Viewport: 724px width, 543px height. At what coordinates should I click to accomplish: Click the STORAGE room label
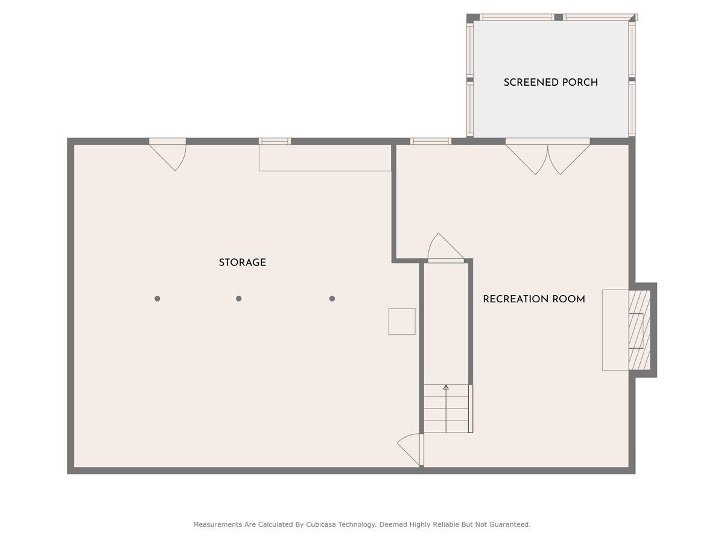pos(242,263)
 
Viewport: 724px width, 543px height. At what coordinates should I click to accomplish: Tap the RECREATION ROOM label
pos(533,299)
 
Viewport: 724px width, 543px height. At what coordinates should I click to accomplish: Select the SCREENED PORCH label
pos(550,83)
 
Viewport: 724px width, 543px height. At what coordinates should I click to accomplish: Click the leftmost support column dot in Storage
pos(157,299)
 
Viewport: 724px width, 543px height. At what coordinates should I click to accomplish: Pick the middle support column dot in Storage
pos(239,299)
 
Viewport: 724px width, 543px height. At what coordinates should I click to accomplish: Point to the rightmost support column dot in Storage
pos(332,299)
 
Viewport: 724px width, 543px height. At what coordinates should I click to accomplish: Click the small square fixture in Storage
pos(402,321)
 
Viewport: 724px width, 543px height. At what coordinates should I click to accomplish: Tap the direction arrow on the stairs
pos(446,388)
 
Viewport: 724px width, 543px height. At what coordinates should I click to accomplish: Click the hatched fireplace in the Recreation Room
pos(639,330)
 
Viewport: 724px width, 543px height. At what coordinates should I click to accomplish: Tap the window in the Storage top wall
pos(275,142)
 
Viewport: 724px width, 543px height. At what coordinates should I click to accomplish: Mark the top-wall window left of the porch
pos(430,142)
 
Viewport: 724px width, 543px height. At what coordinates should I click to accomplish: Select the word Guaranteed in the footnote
pos(507,525)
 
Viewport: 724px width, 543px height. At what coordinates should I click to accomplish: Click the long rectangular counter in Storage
pos(325,158)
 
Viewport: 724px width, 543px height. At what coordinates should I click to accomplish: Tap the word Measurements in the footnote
pos(217,525)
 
